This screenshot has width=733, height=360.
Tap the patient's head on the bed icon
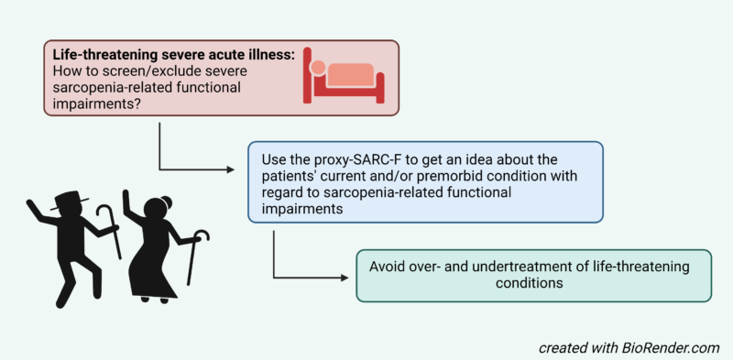click(317, 68)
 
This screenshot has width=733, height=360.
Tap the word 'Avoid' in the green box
click(388, 266)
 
